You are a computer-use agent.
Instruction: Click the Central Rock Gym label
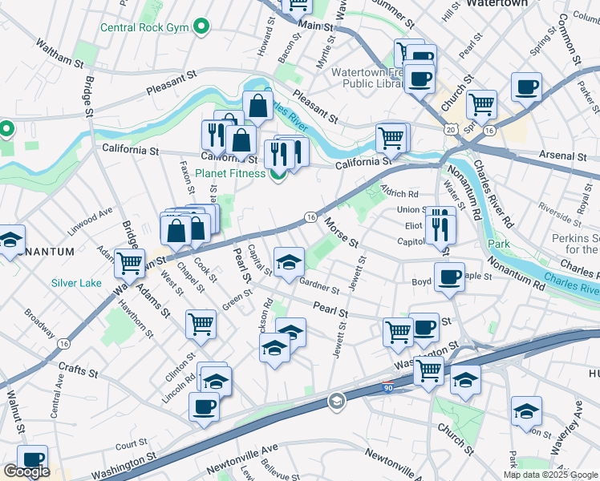(144, 28)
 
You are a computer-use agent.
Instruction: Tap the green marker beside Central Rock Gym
(202, 27)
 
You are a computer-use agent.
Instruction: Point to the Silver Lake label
(76, 283)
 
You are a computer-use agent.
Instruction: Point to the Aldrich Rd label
(399, 194)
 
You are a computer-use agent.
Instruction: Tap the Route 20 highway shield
(451, 129)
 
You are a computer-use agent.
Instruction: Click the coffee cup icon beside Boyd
(450, 276)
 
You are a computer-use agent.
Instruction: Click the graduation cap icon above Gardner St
(289, 261)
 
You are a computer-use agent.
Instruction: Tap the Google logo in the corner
(26, 471)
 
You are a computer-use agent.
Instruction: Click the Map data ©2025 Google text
(550, 475)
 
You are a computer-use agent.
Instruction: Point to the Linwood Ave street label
(90, 217)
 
